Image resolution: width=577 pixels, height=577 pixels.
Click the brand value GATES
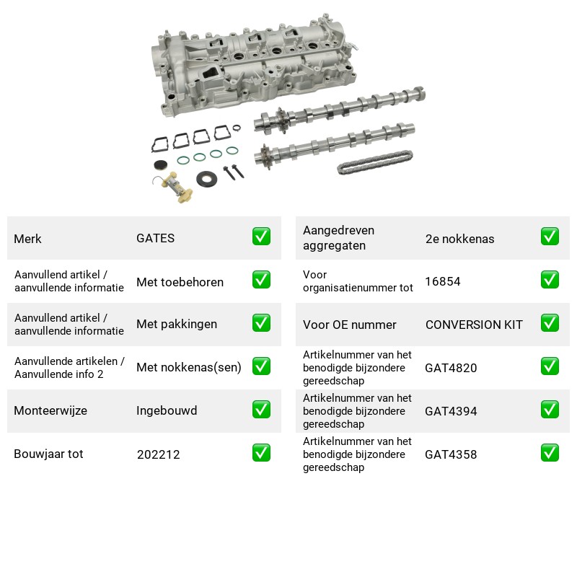[155, 238]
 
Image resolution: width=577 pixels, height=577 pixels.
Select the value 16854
[443, 281]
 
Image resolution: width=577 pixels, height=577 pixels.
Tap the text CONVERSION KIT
[474, 325]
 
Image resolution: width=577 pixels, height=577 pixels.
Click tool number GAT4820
[451, 368]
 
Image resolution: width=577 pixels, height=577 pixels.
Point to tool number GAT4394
[451, 411]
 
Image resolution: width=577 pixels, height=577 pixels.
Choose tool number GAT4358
[451, 454]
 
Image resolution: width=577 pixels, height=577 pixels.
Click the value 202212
[158, 454]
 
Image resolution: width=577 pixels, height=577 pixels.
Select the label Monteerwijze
[50, 410]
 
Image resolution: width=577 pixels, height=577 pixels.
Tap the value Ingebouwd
[167, 410]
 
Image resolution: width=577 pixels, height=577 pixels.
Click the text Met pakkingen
[177, 324]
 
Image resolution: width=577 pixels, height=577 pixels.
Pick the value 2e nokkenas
[459, 239]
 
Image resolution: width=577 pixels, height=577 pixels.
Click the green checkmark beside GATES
[261, 237]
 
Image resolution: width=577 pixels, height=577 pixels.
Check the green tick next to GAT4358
[550, 453]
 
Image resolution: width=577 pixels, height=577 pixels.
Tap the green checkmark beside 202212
[261, 453]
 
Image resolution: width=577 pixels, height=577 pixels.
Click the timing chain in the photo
[374, 162]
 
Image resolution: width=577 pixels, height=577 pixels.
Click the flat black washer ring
[206, 179]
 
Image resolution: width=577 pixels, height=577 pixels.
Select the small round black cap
[160, 165]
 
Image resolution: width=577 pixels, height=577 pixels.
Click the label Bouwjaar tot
[48, 454]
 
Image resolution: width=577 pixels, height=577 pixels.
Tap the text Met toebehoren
[180, 282]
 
